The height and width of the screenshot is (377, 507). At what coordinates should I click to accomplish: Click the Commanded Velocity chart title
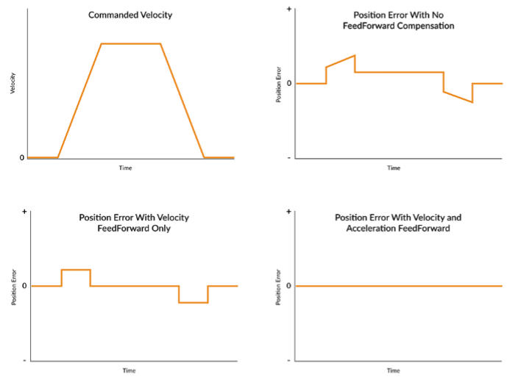[x=130, y=15]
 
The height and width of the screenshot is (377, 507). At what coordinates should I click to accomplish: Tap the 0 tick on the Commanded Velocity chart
[x=21, y=157]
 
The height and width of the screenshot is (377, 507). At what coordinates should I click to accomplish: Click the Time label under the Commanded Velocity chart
[x=126, y=168]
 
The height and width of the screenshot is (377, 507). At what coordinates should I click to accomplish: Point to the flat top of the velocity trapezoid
[x=130, y=43]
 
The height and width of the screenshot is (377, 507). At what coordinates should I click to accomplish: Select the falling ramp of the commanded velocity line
[x=182, y=101]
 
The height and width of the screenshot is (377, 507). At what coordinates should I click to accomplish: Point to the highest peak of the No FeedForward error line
[x=355, y=56]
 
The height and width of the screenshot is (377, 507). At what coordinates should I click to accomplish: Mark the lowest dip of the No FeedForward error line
[x=472, y=101]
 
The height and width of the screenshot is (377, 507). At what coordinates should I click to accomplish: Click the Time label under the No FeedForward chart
[x=394, y=168]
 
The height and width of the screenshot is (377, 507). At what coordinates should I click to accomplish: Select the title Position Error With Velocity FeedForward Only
[x=134, y=223]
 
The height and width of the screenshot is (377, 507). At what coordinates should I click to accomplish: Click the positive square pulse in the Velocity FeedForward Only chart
[x=76, y=270]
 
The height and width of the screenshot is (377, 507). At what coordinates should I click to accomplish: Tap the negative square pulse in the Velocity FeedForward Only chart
[x=194, y=302]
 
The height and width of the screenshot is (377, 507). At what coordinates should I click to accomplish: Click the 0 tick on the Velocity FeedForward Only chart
[x=25, y=286]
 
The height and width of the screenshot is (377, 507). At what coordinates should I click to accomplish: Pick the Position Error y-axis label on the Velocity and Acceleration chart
[x=279, y=287]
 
